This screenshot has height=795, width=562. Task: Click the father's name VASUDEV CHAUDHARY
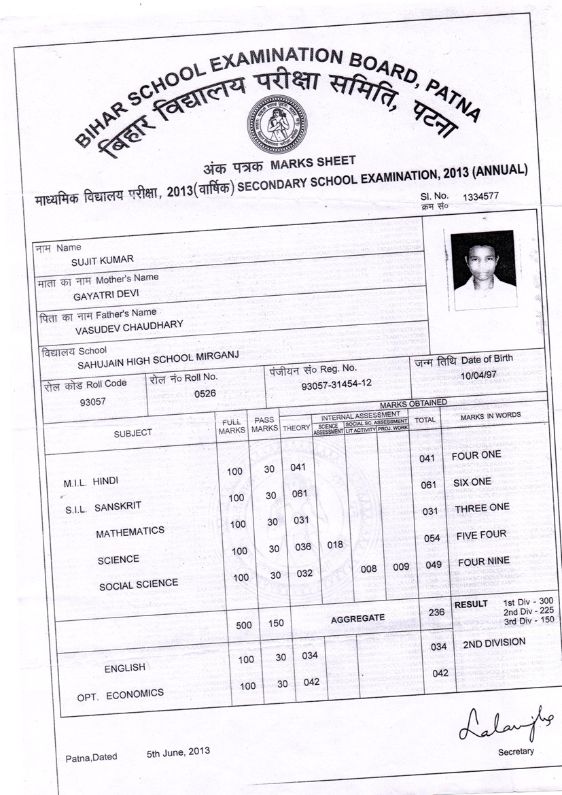[x=128, y=325]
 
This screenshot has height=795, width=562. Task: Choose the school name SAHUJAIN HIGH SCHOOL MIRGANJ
[x=158, y=360]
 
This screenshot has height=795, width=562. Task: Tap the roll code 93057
[x=92, y=401]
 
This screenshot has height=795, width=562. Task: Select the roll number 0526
[x=205, y=393]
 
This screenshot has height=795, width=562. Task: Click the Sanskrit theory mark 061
[x=300, y=494]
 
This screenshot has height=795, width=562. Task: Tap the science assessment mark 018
[x=334, y=545]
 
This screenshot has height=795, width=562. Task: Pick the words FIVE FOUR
[x=481, y=535]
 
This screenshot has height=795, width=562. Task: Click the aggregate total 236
[x=437, y=612]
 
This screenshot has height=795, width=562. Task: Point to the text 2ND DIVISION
[x=494, y=642]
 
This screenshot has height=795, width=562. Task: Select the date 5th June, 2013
[x=178, y=751]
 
